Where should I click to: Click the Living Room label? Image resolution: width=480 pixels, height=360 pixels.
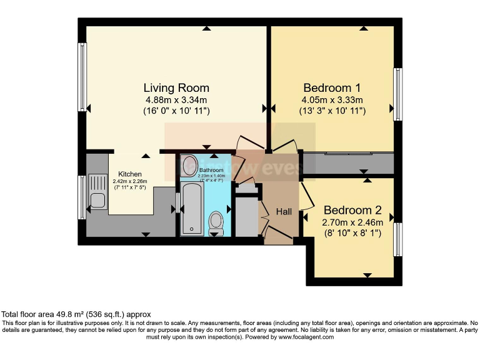click(176, 87)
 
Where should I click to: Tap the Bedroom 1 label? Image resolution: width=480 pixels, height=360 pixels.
click(332, 87)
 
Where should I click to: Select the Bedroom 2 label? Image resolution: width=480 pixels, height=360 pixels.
click(352, 210)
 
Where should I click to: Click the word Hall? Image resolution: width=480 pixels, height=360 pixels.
click(284, 212)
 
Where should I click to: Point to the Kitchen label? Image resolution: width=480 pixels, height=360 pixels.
click(130, 174)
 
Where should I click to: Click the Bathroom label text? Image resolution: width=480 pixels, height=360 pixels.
click(211, 170)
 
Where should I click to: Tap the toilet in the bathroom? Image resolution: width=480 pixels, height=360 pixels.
click(216, 223)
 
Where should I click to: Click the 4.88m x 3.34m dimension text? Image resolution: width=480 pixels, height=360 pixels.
click(176, 99)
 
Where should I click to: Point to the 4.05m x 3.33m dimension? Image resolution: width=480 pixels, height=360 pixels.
click(332, 99)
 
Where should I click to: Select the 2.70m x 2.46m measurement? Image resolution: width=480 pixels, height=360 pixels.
click(352, 222)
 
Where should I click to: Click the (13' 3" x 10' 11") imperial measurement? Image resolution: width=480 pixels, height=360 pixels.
click(332, 111)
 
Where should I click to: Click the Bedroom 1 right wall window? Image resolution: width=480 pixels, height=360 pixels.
click(396, 94)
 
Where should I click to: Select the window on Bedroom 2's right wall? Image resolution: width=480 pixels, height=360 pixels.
click(396, 239)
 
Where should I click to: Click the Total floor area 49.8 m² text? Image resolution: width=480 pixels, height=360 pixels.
click(75, 314)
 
